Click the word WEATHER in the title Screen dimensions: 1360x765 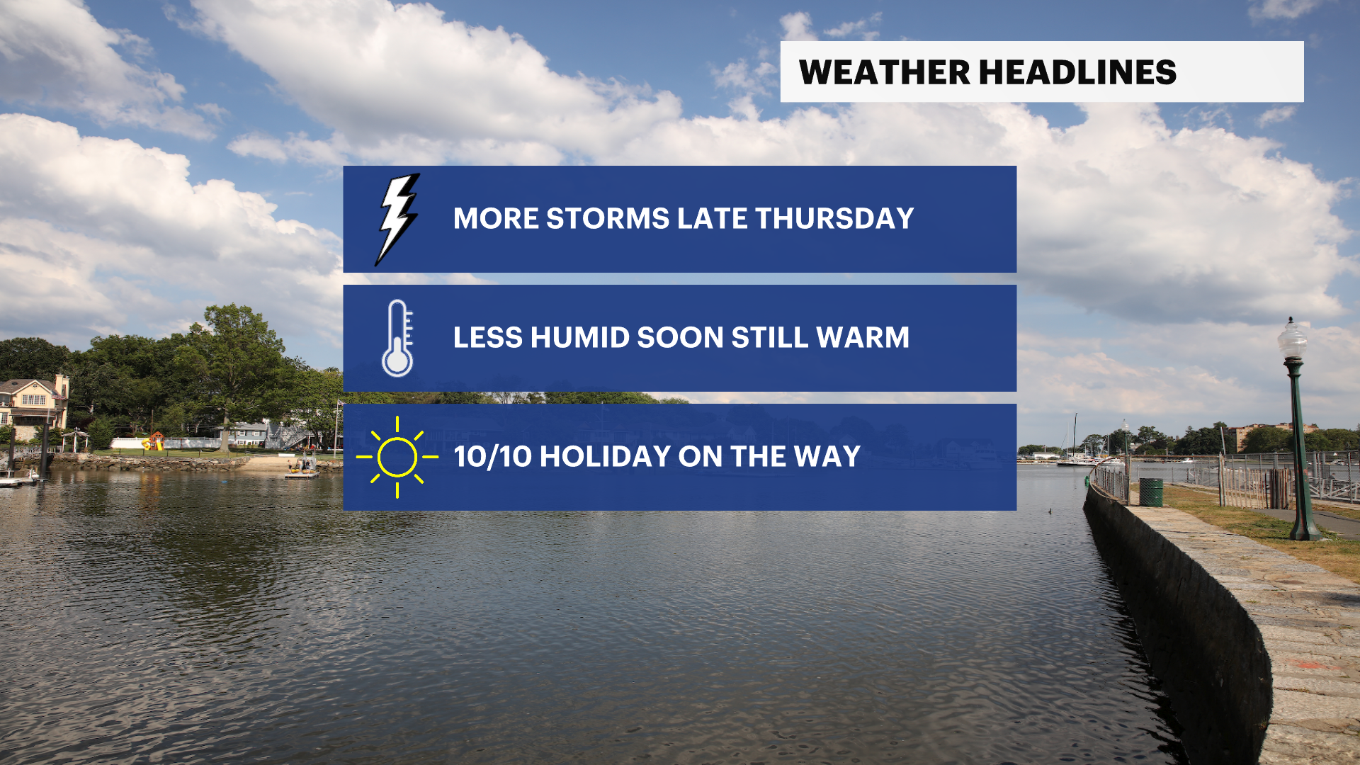click(885, 72)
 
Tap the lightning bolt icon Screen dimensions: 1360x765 click(397, 220)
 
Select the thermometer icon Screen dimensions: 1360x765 click(397, 338)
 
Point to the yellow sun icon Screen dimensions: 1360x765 click(397, 457)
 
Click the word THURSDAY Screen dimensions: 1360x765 click(834, 218)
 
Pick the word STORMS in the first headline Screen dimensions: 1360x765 click(608, 218)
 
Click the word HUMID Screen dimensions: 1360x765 click(580, 337)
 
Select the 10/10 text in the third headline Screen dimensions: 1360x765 click(493, 456)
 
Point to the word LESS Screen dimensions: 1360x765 click(488, 337)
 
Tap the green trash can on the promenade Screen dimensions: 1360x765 click(1151, 492)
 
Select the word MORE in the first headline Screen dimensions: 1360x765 click(496, 218)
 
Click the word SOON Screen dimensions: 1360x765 click(680, 337)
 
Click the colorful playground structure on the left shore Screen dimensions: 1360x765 click(154, 441)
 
